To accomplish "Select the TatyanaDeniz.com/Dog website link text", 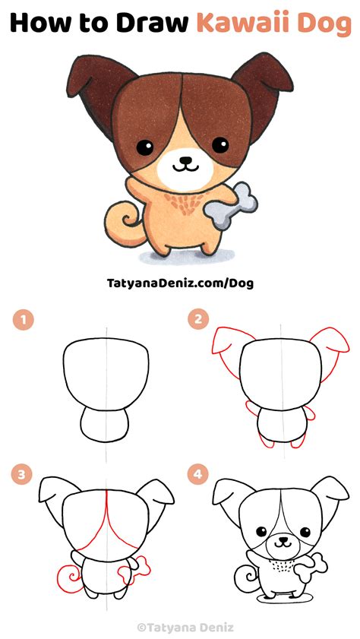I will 180,283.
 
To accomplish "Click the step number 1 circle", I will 25,320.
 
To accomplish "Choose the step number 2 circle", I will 198,320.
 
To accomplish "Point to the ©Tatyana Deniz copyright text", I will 180,628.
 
